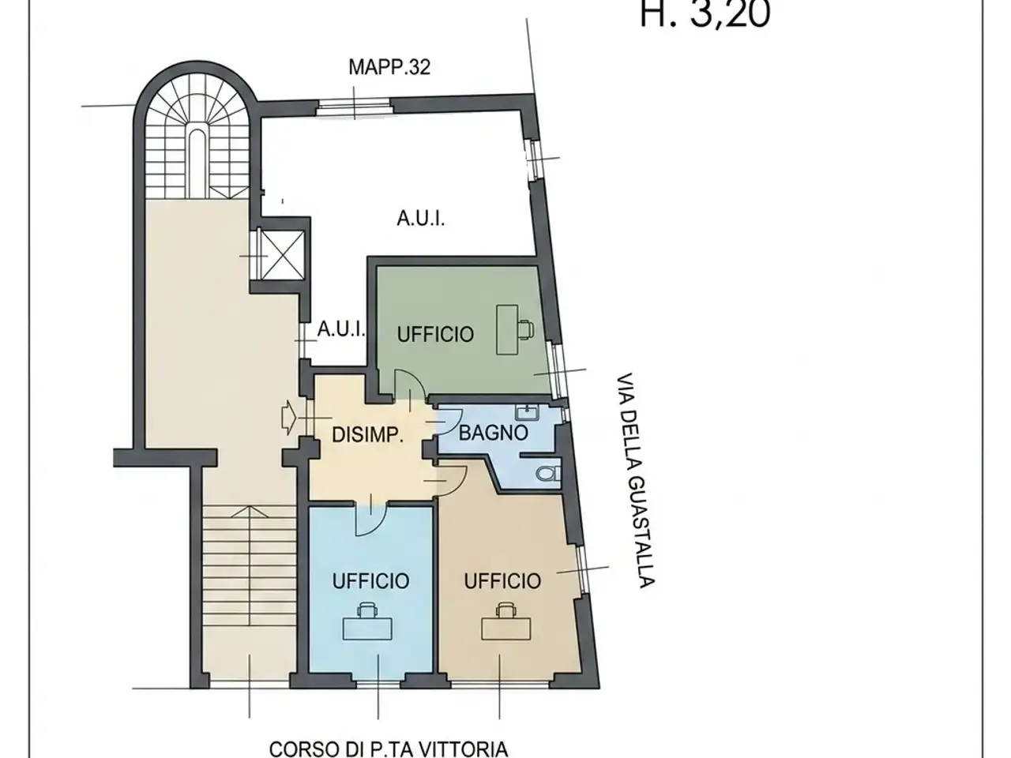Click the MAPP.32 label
[389, 67]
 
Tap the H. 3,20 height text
[705, 13]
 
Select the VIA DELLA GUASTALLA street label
[636, 480]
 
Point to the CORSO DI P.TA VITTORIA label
[389, 749]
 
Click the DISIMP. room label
[367, 435]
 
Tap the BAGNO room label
[494, 433]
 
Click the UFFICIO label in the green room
[435, 335]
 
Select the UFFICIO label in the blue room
[370, 581]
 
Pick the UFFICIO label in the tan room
[502, 581]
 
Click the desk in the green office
[507, 329]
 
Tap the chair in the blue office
[367, 610]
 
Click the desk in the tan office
[506, 629]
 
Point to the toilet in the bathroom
[549, 473]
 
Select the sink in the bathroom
[527, 412]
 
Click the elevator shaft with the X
[282, 255]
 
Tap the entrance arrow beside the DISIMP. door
[288, 418]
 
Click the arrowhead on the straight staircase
[249, 512]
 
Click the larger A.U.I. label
[421, 218]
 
